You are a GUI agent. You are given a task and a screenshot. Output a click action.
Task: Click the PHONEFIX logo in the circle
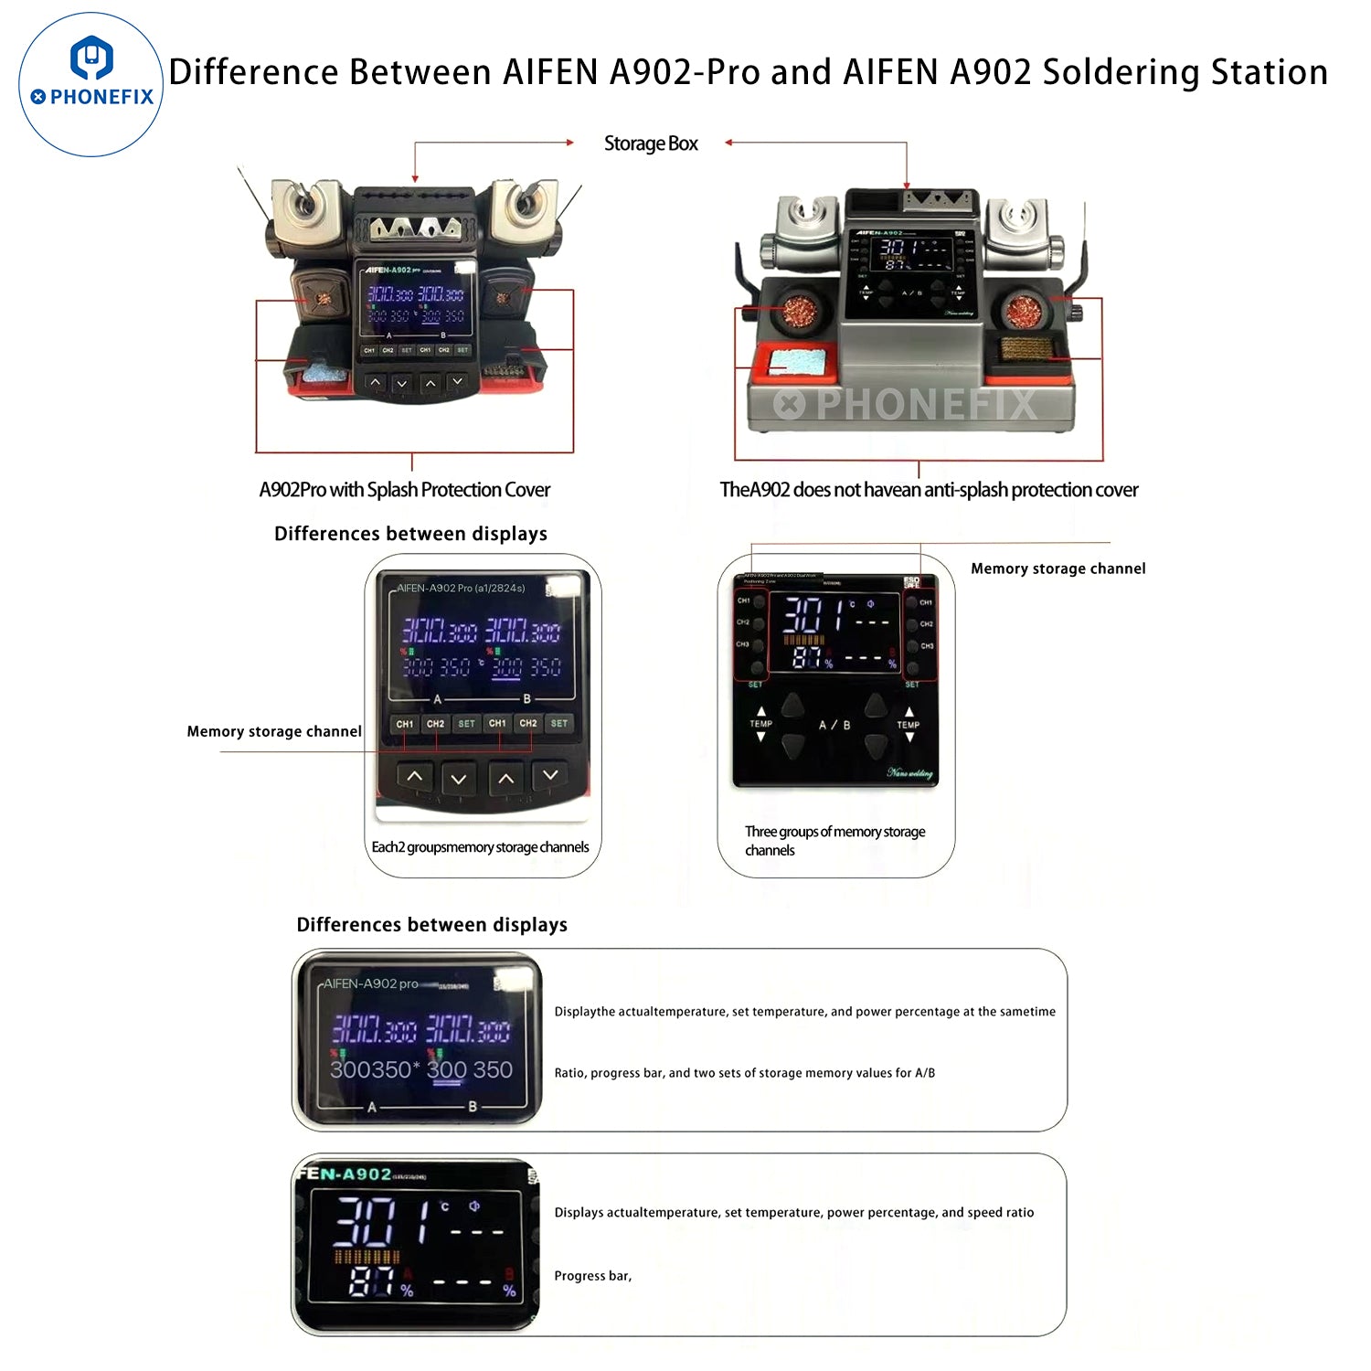pyautogui.click(x=91, y=83)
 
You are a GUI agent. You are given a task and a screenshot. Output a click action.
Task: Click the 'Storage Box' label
pyautogui.click(x=651, y=143)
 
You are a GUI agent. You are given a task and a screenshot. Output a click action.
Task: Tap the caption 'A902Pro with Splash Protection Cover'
pyautogui.click(x=404, y=490)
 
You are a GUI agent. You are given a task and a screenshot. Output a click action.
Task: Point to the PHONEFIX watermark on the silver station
pyautogui.click(x=905, y=403)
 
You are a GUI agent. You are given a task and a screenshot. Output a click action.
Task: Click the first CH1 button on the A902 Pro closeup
pyautogui.click(x=404, y=724)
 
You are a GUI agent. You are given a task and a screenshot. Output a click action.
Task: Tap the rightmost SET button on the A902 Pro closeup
pyautogui.click(x=558, y=724)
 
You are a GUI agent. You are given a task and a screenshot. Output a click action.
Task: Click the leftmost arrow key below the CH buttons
pyautogui.click(x=415, y=777)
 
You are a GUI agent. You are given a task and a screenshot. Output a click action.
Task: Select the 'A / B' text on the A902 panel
pyautogui.click(x=834, y=725)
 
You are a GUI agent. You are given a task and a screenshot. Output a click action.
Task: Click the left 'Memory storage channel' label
pyautogui.click(x=274, y=731)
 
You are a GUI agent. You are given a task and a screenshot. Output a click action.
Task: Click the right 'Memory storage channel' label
pyautogui.click(x=1057, y=569)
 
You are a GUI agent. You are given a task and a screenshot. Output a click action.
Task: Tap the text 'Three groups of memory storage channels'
pyautogui.click(x=834, y=840)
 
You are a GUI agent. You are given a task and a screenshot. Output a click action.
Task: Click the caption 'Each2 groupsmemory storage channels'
pyautogui.click(x=480, y=847)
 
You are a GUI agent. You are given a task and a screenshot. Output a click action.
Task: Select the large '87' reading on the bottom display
pyautogui.click(x=371, y=1281)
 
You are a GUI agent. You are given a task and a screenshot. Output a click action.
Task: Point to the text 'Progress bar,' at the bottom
pyautogui.click(x=592, y=1276)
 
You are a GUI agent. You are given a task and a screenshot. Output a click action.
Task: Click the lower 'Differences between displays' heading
pyautogui.click(x=431, y=924)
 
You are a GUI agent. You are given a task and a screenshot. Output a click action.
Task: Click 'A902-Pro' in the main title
pyautogui.click(x=685, y=72)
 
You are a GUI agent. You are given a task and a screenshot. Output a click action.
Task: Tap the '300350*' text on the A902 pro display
pyautogui.click(x=375, y=1069)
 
